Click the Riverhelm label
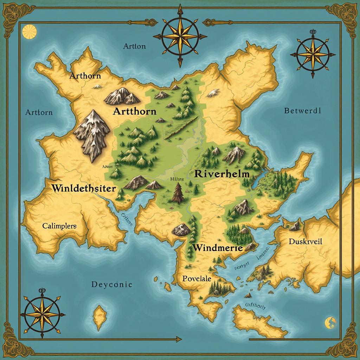(221, 174)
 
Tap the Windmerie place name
(218, 247)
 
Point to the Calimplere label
(59, 226)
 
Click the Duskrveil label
(306, 242)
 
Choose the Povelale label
(197, 278)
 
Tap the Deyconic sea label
(111, 284)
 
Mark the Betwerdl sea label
(302, 111)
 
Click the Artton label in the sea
(134, 46)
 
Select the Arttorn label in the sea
(39, 112)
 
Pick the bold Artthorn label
(135, 112)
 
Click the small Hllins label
(177, 179)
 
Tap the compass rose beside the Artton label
(180, 36)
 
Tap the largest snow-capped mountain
(91, 135)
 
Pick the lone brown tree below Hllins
(178, 193)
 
